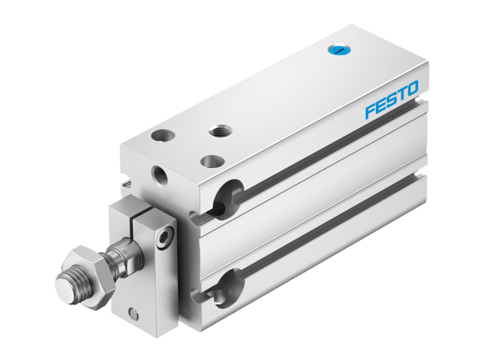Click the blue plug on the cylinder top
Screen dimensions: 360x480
pyautogui.click(x=337, y=51)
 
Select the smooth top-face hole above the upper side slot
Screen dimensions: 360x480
pyautogui.click(x=214, y=160)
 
